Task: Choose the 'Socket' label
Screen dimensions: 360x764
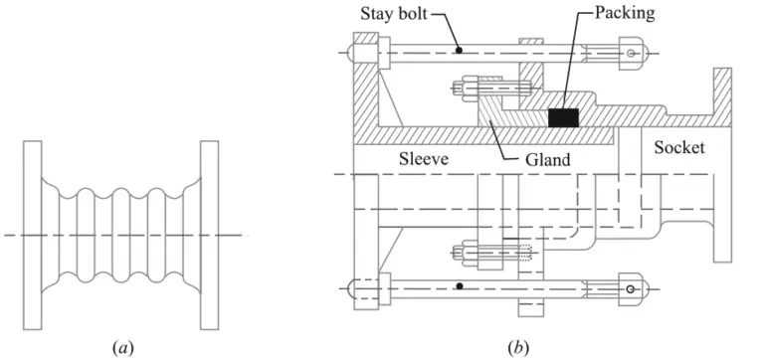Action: click(679, 147)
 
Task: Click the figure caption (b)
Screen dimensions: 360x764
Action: click(517, 347)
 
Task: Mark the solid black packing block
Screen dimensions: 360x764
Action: click(563, 117)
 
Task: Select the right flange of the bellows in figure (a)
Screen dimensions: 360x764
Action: click(211, 235)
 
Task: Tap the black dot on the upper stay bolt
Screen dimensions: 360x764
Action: click(459, 48)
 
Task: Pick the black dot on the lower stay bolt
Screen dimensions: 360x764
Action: click(459, 287)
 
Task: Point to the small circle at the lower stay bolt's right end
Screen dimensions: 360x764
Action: click(630, 289)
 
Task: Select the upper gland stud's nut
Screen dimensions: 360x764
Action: click(466, 87)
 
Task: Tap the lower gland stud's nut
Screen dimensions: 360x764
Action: click(466, 253)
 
